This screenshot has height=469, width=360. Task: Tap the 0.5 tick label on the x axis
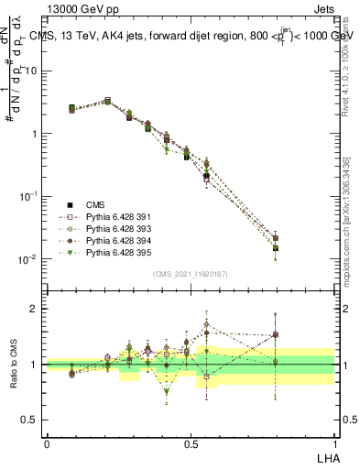[191, 442]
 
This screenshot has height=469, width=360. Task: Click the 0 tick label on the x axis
[47, 442]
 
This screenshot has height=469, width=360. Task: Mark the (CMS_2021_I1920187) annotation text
[190, 274]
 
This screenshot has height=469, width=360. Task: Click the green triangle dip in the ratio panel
[166, 391]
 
